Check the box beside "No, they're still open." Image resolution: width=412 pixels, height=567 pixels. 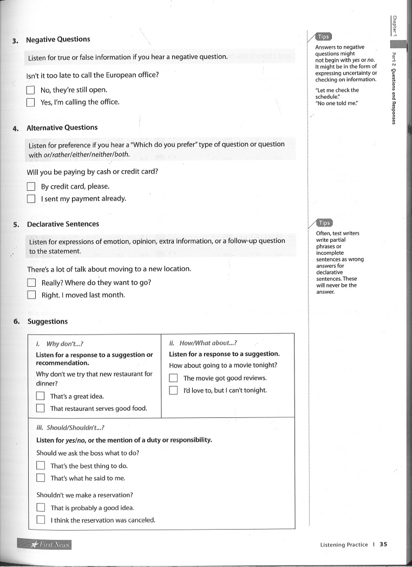pyautogui.click(x=31, y=90)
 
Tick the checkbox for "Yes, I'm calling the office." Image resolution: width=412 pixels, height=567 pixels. pyautogui.click(x=31, y=102)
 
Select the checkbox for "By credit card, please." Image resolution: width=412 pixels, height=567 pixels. pyautogui.click(x=31, y=186)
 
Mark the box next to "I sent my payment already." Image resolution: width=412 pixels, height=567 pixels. pyautogui.click(x=31, y=199)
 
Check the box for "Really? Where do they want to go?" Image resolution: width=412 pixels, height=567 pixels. pyautogui.click(x=32, y=282)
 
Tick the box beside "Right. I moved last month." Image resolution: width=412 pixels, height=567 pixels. pyautogui.click(x=32, y=295)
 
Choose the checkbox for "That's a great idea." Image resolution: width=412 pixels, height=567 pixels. pyautogui.click(x=41, y=396)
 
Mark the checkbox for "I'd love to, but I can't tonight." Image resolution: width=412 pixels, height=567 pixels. pyautogui.click(x=174, y=390)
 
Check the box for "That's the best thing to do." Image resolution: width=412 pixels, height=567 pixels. pyautogui.click(x=41, y=466)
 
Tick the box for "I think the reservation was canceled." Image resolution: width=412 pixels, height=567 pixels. pyautogui.click(x=41, y=520)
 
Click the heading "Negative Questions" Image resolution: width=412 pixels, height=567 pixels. pyautogui.click(x=58, y=39)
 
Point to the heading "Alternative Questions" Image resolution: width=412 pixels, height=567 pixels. pyautogui.click(x=62, y=127)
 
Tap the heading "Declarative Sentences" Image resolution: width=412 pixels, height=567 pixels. pyautogui.click(x=63, y=224)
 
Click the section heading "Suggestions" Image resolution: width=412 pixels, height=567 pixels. pyautogui.click(x=48, y=321)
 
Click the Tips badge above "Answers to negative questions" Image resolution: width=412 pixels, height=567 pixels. pyautogui.click(x=324, y=37)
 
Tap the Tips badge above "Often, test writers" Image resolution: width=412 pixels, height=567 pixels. pyautogui.click(x=324, y=223)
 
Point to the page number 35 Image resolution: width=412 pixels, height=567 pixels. pyautogui.click(x=383, y=545)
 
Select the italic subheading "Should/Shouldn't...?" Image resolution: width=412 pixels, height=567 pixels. pyautogui.click(x=75, y=427)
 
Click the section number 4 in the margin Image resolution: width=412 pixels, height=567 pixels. pyautogui.click(x=16, y=128)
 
